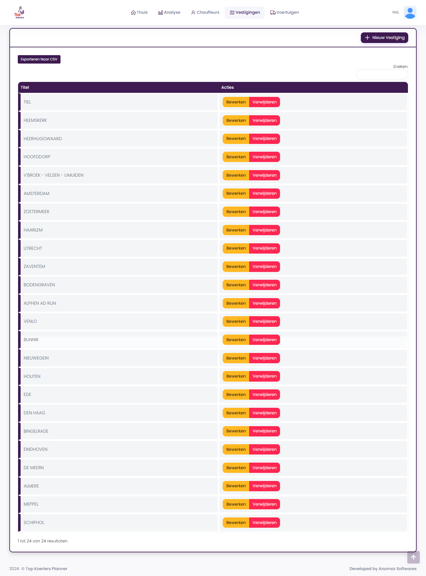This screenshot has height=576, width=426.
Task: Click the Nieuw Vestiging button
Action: (384, 38)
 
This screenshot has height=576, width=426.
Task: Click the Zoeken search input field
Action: (382, 74)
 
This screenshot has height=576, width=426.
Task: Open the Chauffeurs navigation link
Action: (205, 12)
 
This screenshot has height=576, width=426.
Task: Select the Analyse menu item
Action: (169, 12)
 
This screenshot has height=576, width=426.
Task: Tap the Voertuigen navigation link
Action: (284, 12)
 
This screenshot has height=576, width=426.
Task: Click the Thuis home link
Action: (139, 12)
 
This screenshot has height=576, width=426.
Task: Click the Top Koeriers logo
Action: (19, 13)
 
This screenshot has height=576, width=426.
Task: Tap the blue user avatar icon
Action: (410, 13)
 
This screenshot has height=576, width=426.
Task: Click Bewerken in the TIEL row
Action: (236, 102)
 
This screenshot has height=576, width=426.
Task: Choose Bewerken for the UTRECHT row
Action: (236, 248)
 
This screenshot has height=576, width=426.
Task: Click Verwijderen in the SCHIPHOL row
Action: (264, 523)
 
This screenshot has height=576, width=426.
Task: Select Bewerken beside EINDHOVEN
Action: (236, 450)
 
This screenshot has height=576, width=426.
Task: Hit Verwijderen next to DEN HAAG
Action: (264, 413)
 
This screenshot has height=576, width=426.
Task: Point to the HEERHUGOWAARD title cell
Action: (43, 139)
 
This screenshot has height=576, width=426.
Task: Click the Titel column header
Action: (25, 88)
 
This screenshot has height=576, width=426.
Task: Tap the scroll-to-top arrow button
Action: (413, 557)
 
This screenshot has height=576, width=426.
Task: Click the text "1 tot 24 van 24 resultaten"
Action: (43, 541)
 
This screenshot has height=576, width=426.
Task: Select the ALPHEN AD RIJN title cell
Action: (40, 303)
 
